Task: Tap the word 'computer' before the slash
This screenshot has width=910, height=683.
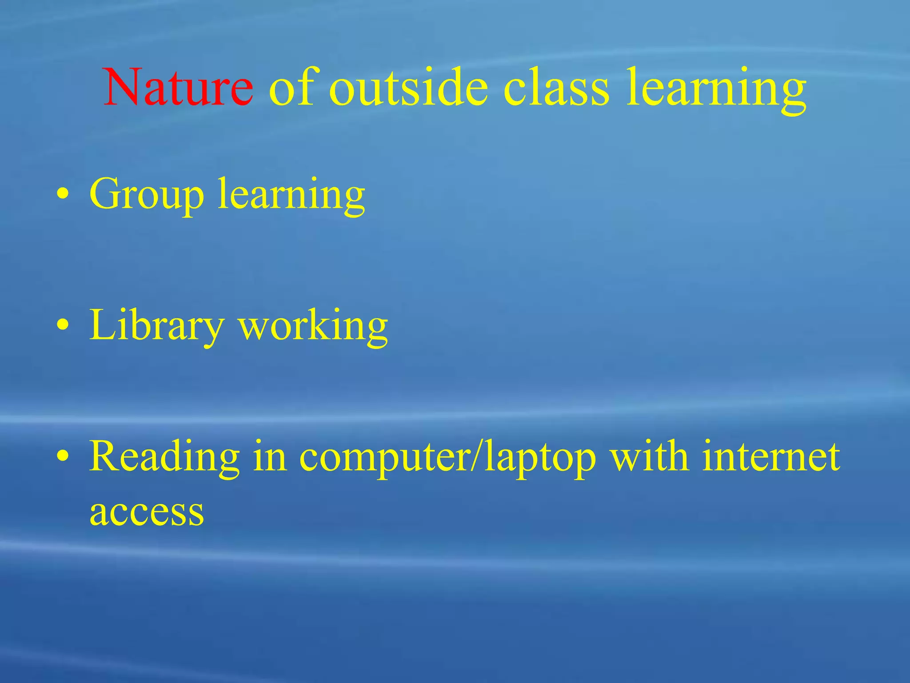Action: click(385, 458)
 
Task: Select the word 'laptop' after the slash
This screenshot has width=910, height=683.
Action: click(540, 458)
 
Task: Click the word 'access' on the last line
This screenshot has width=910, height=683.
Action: click(147, 511)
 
